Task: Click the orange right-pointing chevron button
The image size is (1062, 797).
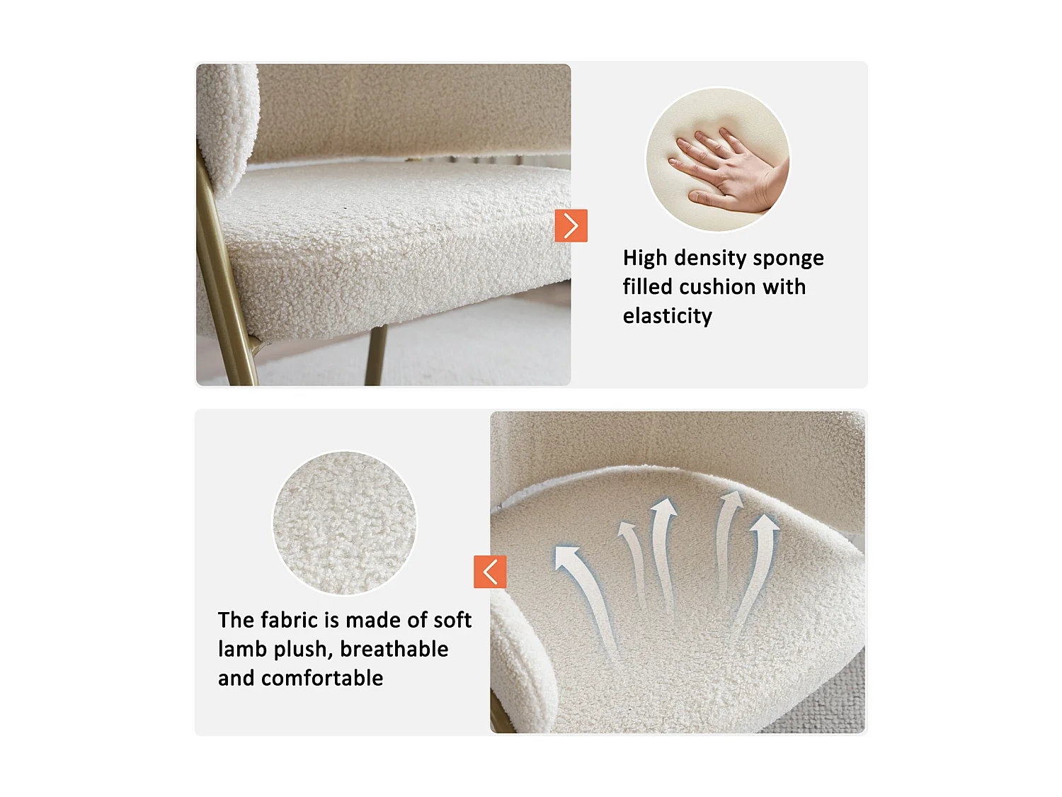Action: click(571, 226)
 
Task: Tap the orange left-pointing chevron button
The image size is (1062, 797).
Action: click(490, 572)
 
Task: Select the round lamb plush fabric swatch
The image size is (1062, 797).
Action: click(345, 523)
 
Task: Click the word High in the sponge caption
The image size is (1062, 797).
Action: click(645, 259)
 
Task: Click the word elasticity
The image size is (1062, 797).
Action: click(667, 316)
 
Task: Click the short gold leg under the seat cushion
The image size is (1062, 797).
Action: click(375, 354)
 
